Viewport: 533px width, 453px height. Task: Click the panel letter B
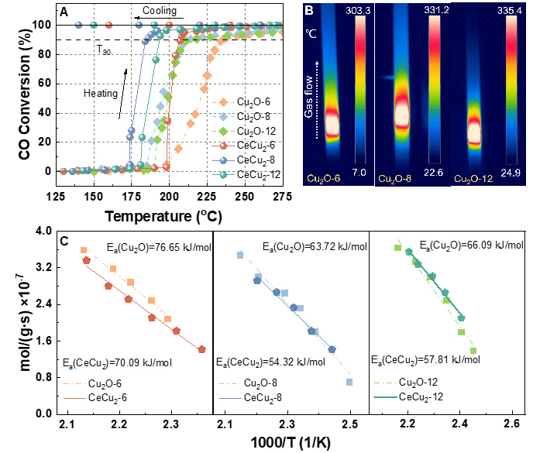308,11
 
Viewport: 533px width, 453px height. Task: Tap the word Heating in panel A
100,94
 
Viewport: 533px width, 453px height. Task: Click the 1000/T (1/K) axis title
293,443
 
